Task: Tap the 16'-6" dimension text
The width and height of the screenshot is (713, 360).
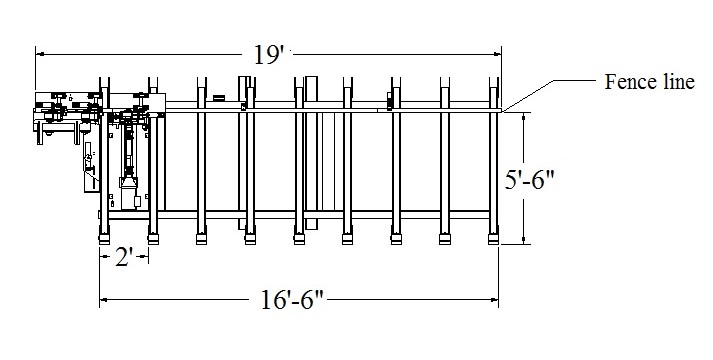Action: (x=291, y=300)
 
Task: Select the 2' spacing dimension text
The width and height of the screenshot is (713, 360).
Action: (x=124, y=257)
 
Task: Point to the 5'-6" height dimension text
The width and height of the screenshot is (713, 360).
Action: (x=529, y=180)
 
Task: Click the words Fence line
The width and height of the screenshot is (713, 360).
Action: (x=649, y=82)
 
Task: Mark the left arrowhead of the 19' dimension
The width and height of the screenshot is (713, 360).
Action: (x=39, y=54)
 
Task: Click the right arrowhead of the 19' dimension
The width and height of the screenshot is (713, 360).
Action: (x=497, y=54)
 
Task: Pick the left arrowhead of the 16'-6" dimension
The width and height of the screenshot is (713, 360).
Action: (x=104, y=300)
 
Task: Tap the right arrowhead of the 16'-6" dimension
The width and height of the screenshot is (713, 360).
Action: (x=494, y=300)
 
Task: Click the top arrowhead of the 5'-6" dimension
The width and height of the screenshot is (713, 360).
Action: (x=523, y=117)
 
